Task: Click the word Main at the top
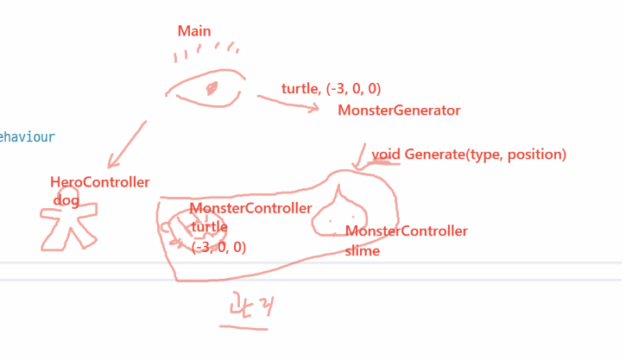tap(194, 31)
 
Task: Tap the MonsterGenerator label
tap(399, 111)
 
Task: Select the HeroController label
tap(100, 182)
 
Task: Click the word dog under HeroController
tap(66, 200)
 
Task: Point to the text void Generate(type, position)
tap(469, 155)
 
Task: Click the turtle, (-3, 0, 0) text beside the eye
tap(332, 89)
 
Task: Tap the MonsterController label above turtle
tap(250, 208)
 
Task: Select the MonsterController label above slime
tap(406, 231)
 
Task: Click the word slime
tap(362, 251)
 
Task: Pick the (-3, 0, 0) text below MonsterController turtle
tap(218, 247)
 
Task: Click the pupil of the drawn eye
tap(212, 88)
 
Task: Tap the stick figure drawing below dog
tap(68, 227)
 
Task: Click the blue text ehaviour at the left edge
tap(28, 136)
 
